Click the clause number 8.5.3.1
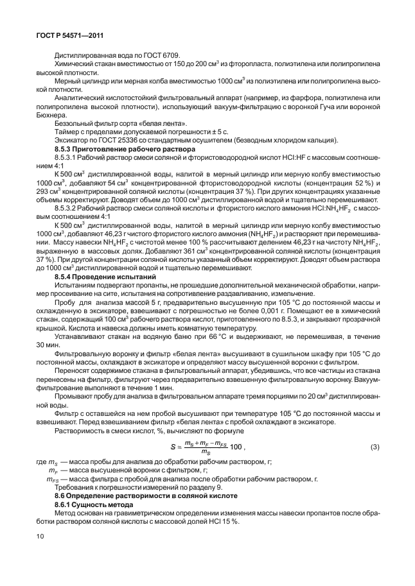67,157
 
